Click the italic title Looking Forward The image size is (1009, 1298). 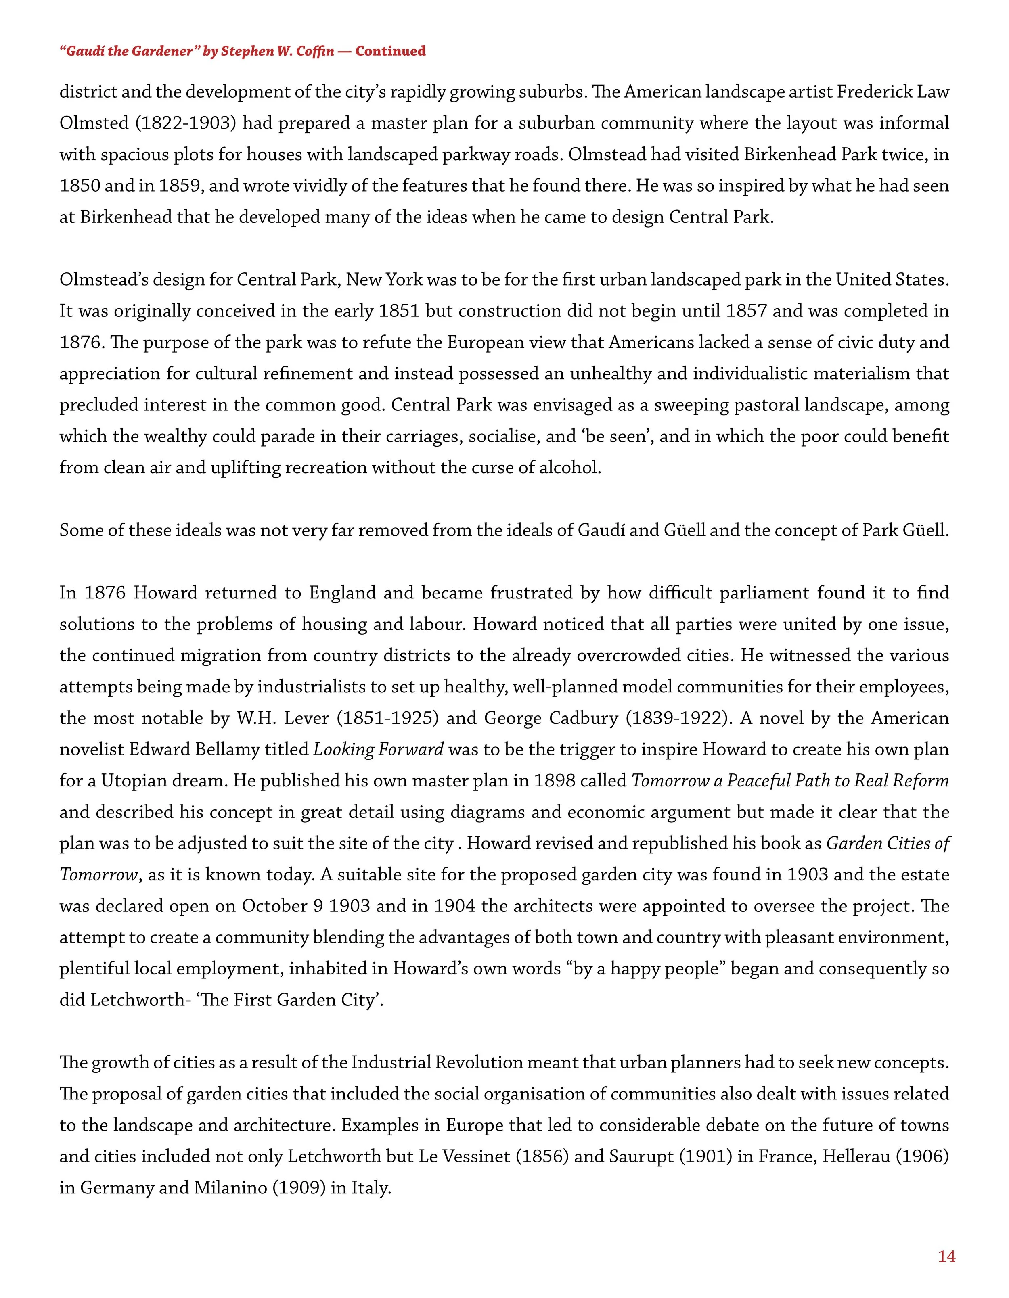(x=378, y=749)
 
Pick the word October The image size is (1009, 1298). (x=274, y=906)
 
